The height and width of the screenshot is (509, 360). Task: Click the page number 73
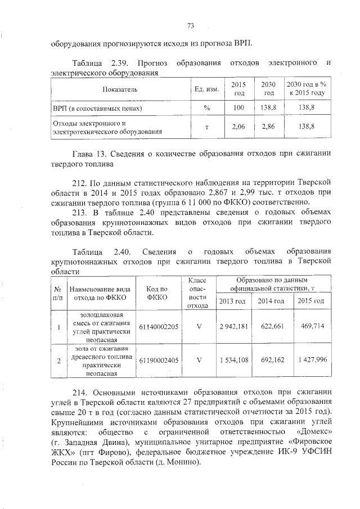[x=190, y=25]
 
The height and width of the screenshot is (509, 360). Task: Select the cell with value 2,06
[x=239, y=127]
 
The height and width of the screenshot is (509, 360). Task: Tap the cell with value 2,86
[x=269, y=127]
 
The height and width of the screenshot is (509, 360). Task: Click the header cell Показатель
[x=119, y=89]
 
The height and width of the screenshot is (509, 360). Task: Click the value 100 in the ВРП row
[x=239, y=107]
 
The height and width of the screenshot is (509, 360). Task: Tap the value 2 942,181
[x=233, y=326]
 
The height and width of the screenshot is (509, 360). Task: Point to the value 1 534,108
[x=233, y=359]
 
